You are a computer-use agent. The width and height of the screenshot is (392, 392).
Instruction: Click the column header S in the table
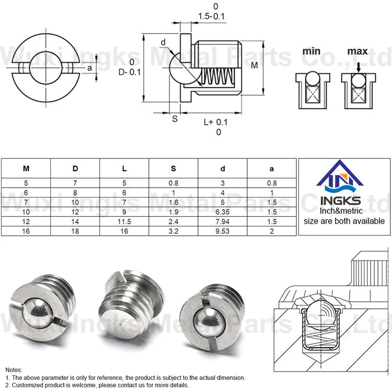pyautogui.click(x=174, y=168)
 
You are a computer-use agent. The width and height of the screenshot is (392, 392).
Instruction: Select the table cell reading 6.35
pyautogui.click(x=223, y=212)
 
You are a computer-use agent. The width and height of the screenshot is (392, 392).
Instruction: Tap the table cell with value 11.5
pyautogui.click(x=124, y=222)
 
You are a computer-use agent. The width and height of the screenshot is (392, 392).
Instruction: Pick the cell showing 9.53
pyautogui.click(x=223, y=231)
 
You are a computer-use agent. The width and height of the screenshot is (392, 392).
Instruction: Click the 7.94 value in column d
pyautogui.click(x=223, y=222)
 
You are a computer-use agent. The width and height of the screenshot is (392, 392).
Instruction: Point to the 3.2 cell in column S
pyautogui.click(x=174, y=231)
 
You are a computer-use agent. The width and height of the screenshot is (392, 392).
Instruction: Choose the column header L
pyautogui.click(x=124, y=168)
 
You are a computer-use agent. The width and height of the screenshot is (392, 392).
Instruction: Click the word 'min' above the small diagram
pyautogui.click(x=312, y=51)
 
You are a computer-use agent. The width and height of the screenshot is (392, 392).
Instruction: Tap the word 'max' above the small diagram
pyautogui.click(x=358, y=51)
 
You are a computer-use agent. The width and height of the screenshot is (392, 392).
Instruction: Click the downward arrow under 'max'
pyautogui.click(x=359, y=67)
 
